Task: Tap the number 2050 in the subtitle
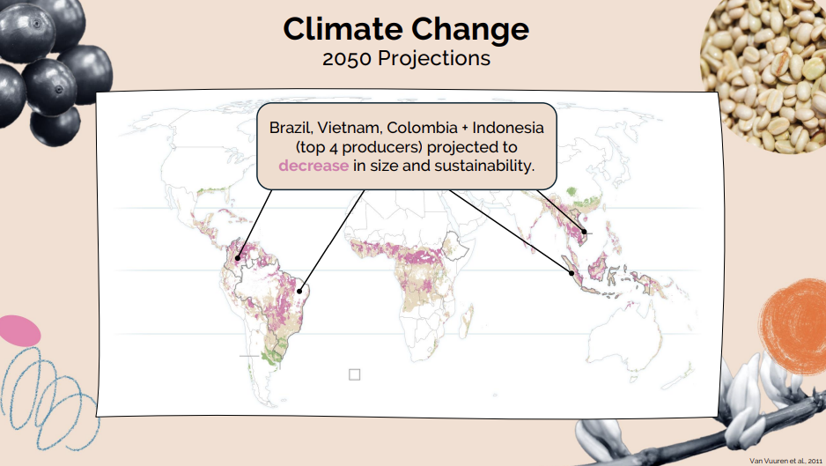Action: tap(347, 58)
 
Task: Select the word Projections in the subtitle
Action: tap(434, 59)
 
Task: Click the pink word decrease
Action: tap(313, 166)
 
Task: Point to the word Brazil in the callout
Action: tap(291, 128)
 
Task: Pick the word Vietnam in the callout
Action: tap(350, 128)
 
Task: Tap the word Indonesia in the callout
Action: tap(508, 128)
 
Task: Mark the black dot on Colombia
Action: tap(238, 258)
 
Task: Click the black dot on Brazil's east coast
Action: tap(299, 291)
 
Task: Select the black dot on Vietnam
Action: tap(584, 232)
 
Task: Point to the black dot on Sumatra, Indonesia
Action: tap(571, 273)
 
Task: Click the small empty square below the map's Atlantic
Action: tap(355, 374)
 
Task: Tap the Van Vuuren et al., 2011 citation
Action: tap(785, 461)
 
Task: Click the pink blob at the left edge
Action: tap(19, 330)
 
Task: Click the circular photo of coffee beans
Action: tap(763, 74)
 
